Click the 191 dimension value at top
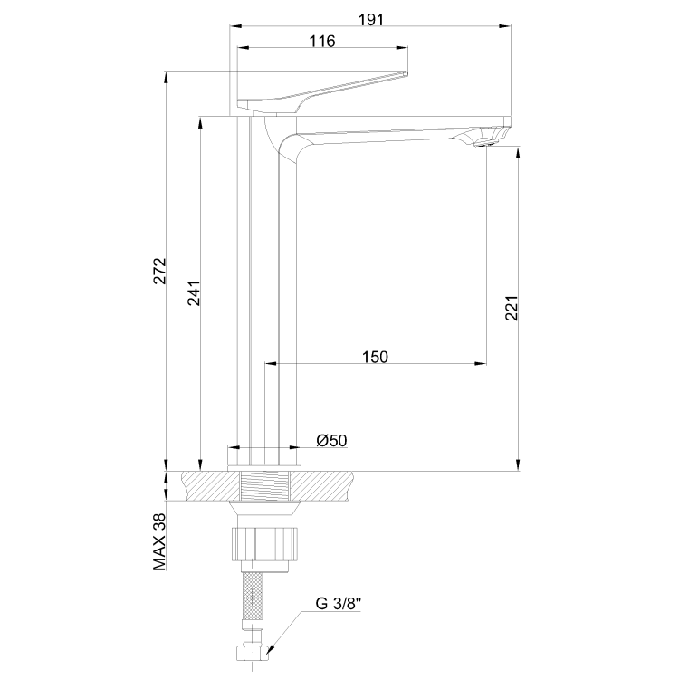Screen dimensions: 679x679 coord(368,18)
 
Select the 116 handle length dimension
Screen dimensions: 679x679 coord(321,42)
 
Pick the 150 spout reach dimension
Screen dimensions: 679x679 coord(374,357)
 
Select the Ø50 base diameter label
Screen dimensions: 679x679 coord(331,440)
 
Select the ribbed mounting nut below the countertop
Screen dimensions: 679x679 coord(264,543)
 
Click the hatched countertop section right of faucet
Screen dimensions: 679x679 coord(326,485)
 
